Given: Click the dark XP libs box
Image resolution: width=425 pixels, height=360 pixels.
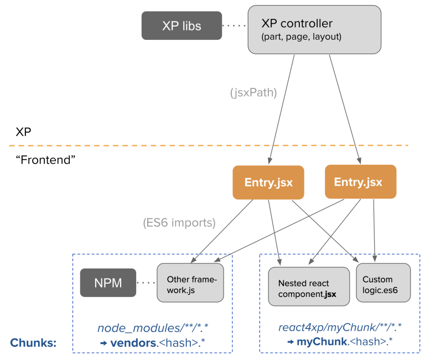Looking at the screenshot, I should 182,25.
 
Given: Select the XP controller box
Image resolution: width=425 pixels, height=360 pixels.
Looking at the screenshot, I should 314,29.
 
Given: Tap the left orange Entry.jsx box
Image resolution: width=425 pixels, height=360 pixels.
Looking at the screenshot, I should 268,182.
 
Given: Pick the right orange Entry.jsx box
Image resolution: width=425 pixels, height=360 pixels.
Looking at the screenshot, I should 360,181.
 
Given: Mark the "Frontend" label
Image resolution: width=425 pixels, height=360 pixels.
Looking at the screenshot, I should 45,160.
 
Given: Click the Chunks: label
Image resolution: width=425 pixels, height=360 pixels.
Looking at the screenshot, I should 33,343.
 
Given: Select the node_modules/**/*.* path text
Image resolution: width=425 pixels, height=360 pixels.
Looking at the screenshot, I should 153,328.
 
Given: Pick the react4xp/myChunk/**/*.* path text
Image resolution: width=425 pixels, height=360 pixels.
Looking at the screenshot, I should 340,328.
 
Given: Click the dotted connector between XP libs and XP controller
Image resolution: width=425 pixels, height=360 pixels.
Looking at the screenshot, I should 234,25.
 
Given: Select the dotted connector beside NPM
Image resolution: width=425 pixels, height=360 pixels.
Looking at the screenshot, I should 146,283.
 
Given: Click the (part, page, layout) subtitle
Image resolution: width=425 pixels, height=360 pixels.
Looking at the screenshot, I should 301,38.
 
